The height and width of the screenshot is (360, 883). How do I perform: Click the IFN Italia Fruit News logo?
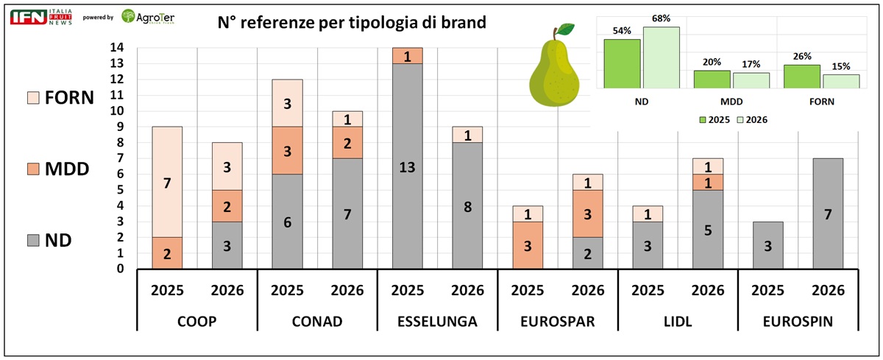pyautogui.click(x=40, y=16)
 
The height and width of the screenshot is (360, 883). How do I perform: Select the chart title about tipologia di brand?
pyautogui.click(x=352, y=22)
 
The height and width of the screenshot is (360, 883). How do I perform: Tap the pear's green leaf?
pyautogui.click(x=565, y=30)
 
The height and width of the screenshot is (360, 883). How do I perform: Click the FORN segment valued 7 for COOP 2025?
pyautogui.click(x=168, y=182)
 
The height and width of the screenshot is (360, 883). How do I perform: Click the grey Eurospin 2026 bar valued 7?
pyautogui.click(x=824, y=213)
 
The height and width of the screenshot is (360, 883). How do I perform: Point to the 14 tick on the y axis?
pyautogui.click(x=118, y=48)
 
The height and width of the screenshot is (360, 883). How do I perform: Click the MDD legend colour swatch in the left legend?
pyautogui.click(x=34, y=169)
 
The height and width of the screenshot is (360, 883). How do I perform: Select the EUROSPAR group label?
pyautogui.click(x=557, y=321)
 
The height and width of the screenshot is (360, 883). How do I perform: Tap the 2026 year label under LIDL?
pyautogui.click(x=708, y=290)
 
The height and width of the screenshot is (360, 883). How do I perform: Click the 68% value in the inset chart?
pyautogui.click(x=661, y=18)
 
